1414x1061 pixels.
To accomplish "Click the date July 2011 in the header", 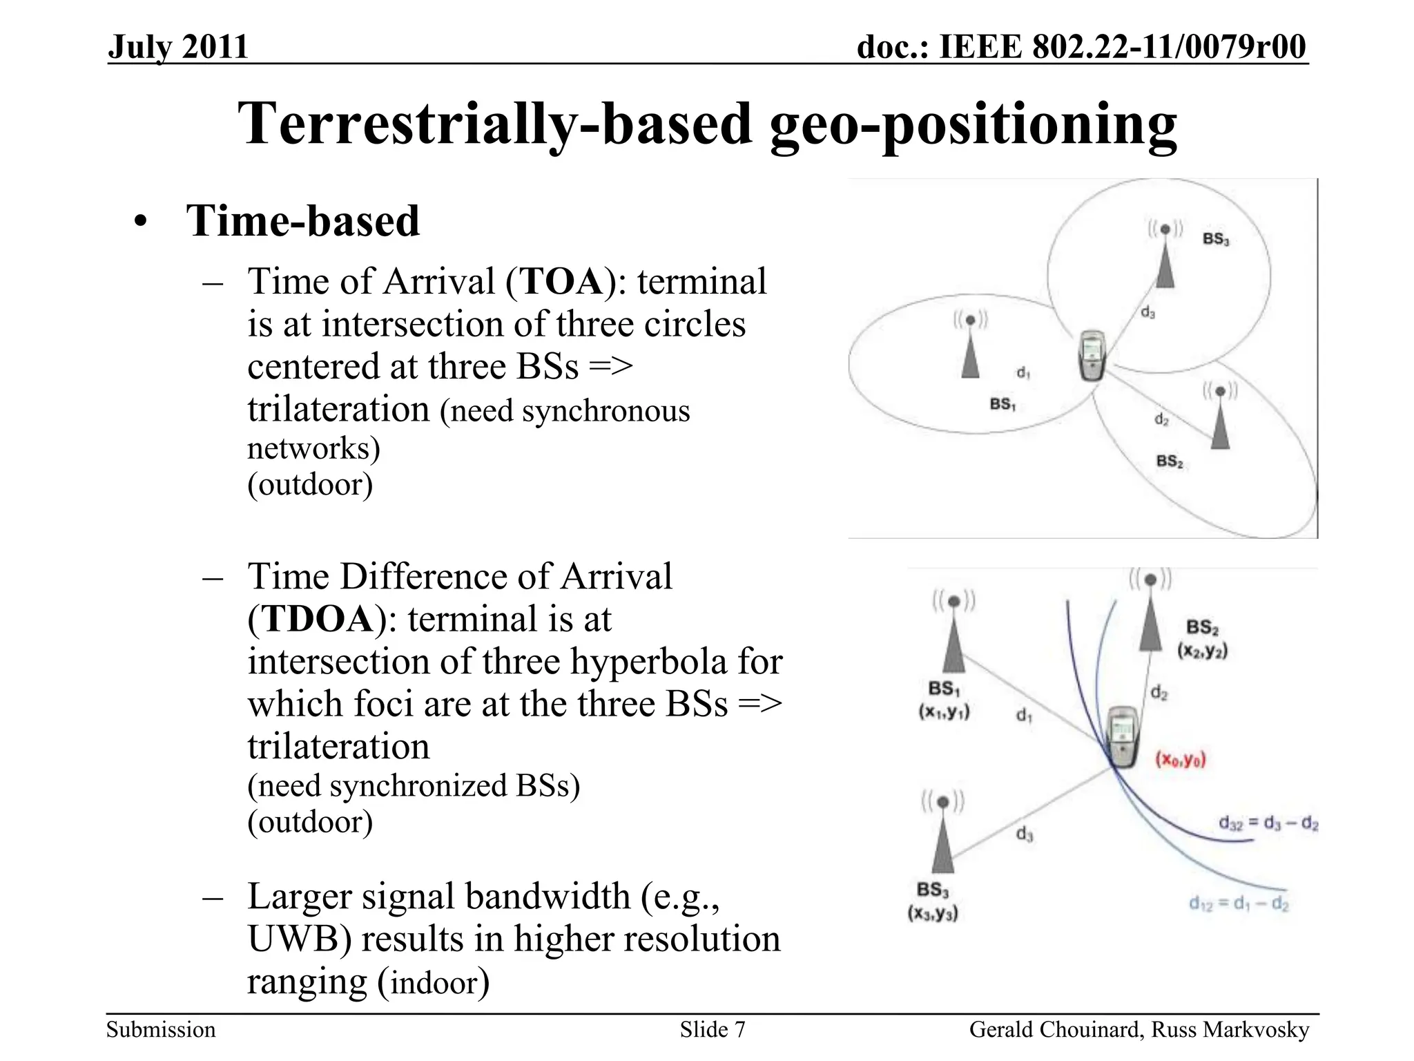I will [x=178, y=47].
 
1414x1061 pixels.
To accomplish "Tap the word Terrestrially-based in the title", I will [x=494, y=124].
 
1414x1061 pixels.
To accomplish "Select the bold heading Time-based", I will [x=302, y=221].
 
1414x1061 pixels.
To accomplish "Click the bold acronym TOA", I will [x=561, y=282].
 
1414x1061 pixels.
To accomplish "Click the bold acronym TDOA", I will [x=318, y=619].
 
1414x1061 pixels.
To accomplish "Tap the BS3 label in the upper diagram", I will [x=1215, y=239].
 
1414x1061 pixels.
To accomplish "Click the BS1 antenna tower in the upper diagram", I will [x=970, y=349].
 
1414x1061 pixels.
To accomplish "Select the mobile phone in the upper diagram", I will [x=1092, y=356].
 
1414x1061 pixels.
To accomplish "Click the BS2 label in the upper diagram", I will [x=1170, y=461].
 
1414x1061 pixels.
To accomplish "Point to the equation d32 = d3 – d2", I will [x=1268, y=823].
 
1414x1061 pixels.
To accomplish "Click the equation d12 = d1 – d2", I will [x=1239, y=903].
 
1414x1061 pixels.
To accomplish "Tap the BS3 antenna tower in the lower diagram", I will [x=942, y=839].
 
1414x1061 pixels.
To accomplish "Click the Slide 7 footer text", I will [x=712, y=1030].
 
